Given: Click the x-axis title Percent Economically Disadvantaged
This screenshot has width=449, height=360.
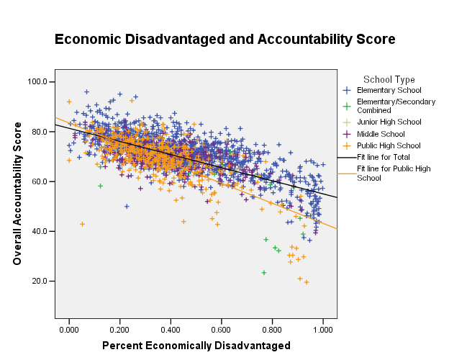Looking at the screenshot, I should (196, 346).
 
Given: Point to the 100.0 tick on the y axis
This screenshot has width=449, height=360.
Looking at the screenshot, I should (38, 82).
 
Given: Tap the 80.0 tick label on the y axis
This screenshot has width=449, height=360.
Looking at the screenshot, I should (40, 132).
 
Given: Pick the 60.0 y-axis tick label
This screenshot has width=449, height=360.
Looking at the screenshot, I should (40, 181).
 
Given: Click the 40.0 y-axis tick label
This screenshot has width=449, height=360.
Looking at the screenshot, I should (40, 231).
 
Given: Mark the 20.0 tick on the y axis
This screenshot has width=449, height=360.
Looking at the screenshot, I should (40, 281).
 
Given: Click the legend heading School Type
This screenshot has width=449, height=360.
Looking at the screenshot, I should (389, 79).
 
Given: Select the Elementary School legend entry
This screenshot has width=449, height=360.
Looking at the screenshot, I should (389, 90).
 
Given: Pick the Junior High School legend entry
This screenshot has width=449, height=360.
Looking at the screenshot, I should (389, 122).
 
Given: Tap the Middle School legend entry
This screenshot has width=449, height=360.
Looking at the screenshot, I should (381, 134).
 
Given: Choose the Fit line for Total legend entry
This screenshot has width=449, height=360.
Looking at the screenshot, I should (386, 157).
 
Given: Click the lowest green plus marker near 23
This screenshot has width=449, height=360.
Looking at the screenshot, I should (264, 273).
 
